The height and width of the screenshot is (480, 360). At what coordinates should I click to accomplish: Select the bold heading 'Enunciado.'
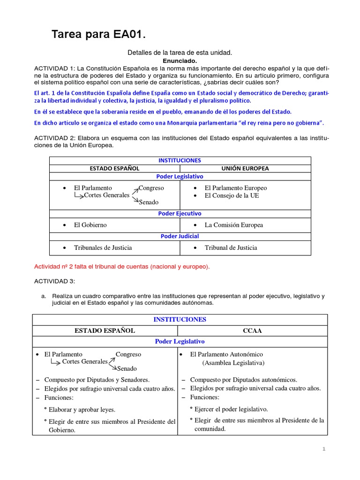coord(180,61)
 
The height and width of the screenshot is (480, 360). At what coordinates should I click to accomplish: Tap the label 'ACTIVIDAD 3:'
coord(54,281)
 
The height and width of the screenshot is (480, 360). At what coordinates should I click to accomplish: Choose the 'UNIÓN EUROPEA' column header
coord(245,168)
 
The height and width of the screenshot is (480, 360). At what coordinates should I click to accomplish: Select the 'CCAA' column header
coord(253,330)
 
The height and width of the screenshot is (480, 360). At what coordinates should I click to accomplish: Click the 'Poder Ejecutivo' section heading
coord(180,213)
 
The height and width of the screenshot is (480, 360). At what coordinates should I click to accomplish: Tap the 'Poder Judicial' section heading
coord(180,236)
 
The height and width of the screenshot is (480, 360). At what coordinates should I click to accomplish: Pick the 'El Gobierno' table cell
coord(90,225)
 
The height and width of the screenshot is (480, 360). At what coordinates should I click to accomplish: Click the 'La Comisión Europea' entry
coord(233,225)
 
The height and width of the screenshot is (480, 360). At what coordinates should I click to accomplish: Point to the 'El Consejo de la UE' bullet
coord(232,195)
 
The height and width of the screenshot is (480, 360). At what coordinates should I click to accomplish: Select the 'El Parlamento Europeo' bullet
coord(235,188)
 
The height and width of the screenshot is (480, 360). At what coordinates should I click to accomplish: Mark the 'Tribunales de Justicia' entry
coord(103,247)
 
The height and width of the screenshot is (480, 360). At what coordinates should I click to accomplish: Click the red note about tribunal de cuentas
coord(122,267)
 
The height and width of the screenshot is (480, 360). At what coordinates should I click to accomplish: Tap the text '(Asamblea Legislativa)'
coord(233,363)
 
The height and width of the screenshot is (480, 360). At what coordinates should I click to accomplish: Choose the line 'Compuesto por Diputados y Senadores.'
coord(97,380)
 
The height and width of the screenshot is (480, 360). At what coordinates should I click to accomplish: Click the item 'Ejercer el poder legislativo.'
coord(231,409)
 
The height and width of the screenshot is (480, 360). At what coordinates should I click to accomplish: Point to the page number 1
coord(323,449)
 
